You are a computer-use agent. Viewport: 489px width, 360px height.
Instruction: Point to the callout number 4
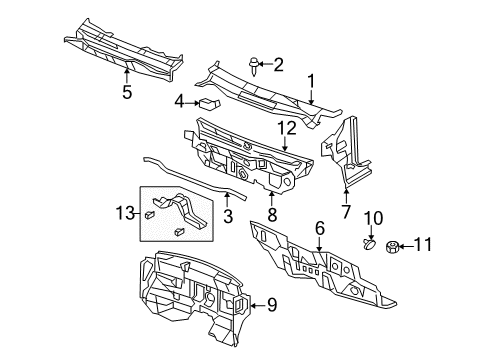tap(180, 101)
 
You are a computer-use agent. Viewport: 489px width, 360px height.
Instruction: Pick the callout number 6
tap(319, 229)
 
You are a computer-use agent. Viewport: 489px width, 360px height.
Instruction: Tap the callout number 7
tap(346, 212)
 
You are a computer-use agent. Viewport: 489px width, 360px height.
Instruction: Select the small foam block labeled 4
tap(207, 102)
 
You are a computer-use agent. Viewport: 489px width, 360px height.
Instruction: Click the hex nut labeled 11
tap(393, 271)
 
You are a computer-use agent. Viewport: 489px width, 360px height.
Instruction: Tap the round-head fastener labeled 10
tap(370, 270)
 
